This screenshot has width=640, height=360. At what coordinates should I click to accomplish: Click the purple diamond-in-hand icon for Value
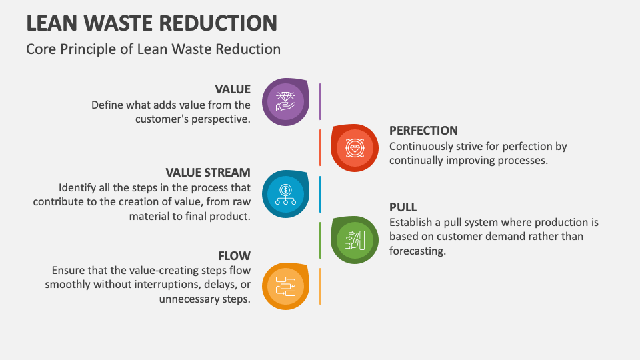pyautogui.click(x=285, y=101)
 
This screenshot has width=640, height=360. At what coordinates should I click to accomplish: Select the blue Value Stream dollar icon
pyautogui.click(x=285, y=193)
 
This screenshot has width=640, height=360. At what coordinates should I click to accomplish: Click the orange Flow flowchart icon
pyautogui.click(x=285, y=286)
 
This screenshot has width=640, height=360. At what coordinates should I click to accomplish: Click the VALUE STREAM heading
pyautogui.click(x=208, y=173)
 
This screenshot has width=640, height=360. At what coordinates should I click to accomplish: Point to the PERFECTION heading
pyautogui.click(x=423, y=131)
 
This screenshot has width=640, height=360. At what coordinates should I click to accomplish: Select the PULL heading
pyautogui.click(x=403, y=207)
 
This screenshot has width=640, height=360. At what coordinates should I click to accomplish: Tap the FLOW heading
pyautogui.click(x=235, y=256)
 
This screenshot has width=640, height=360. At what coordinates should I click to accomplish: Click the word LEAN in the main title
pyautogui.click(x=51, y=23)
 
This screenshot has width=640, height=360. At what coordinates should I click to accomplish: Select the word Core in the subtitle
pyautogui.click(x=40, y=49)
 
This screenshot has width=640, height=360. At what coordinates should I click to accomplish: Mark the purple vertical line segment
pyautogui.click(x=320, y=101)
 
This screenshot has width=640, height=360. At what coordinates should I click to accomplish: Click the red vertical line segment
pyautogui.click(x=320, y=147)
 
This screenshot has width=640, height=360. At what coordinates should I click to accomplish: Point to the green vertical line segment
pyautogui.click(x=320, y=239)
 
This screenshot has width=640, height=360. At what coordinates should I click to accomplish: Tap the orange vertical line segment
pyautogui.click(x=320, y=286)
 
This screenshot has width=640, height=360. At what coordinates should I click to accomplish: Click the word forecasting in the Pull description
pyautogui.click(x=417, y=251)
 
